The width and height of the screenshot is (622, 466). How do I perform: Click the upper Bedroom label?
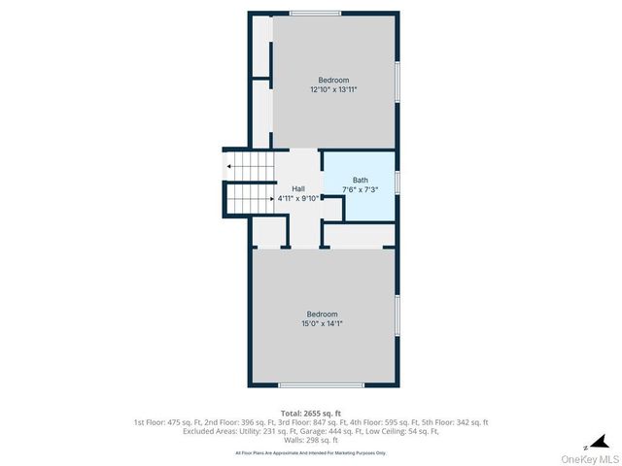333,80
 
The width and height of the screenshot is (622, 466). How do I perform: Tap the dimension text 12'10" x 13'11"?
333,89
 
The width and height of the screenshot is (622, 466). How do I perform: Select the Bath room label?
361,180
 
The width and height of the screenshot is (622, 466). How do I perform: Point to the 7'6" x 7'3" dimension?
361,189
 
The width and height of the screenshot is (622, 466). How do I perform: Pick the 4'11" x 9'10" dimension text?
298,197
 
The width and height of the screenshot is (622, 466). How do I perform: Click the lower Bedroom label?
322,314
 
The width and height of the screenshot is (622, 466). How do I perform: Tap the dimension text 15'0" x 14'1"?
322,323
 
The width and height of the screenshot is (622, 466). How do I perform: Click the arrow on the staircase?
229,167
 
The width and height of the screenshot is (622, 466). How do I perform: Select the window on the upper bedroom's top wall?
315,14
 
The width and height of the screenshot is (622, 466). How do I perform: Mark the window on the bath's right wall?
397,181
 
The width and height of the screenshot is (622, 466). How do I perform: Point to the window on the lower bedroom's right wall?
397,316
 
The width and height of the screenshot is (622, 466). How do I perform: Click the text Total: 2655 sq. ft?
310,413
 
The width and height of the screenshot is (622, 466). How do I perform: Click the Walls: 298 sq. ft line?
310,441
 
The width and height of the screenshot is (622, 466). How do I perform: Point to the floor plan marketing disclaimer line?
310,452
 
